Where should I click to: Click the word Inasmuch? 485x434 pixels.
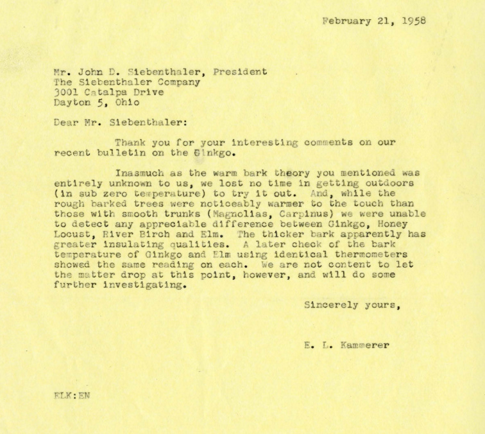tap(139, 173)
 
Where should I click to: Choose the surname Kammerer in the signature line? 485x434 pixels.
tap(366, 345)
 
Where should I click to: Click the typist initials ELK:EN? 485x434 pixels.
tap(72, 396)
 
